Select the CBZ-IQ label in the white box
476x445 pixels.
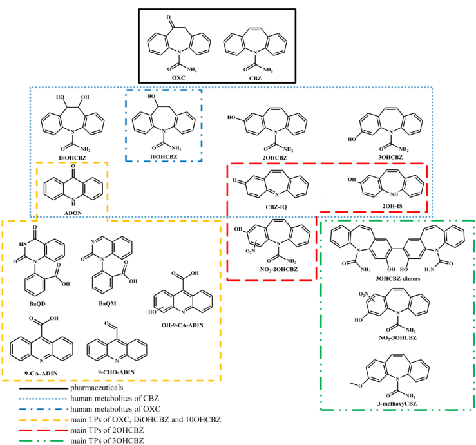[274, 207]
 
